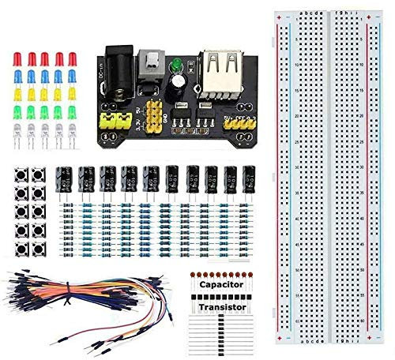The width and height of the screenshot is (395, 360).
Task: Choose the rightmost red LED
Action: tap(72, 60)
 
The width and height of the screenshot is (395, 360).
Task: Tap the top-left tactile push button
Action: tap(20, 175)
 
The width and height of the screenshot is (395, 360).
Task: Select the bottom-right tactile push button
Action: tap(36, 248)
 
